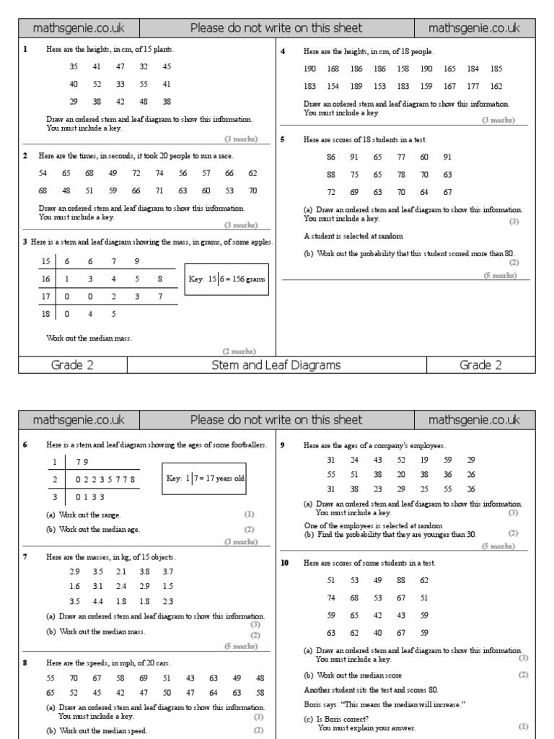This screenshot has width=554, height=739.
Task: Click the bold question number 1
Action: [25, 50]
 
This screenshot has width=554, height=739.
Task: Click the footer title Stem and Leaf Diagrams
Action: [276, 365]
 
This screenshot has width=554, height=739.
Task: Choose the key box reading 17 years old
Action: [205, 478]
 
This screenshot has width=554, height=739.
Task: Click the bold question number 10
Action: [285, 562]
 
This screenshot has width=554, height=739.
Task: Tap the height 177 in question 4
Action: [472, 87]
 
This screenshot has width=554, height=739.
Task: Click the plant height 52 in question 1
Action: [97, 84]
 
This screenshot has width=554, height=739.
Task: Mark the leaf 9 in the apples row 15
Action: [136, 261]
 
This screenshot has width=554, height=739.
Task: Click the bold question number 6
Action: [25, 445]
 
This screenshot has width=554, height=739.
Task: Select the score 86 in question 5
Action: [331, 157]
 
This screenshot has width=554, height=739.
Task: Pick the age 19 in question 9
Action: [424, 460]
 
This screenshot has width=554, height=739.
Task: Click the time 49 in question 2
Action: [113, 173]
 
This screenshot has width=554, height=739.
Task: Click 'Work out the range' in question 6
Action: [90, 515]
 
